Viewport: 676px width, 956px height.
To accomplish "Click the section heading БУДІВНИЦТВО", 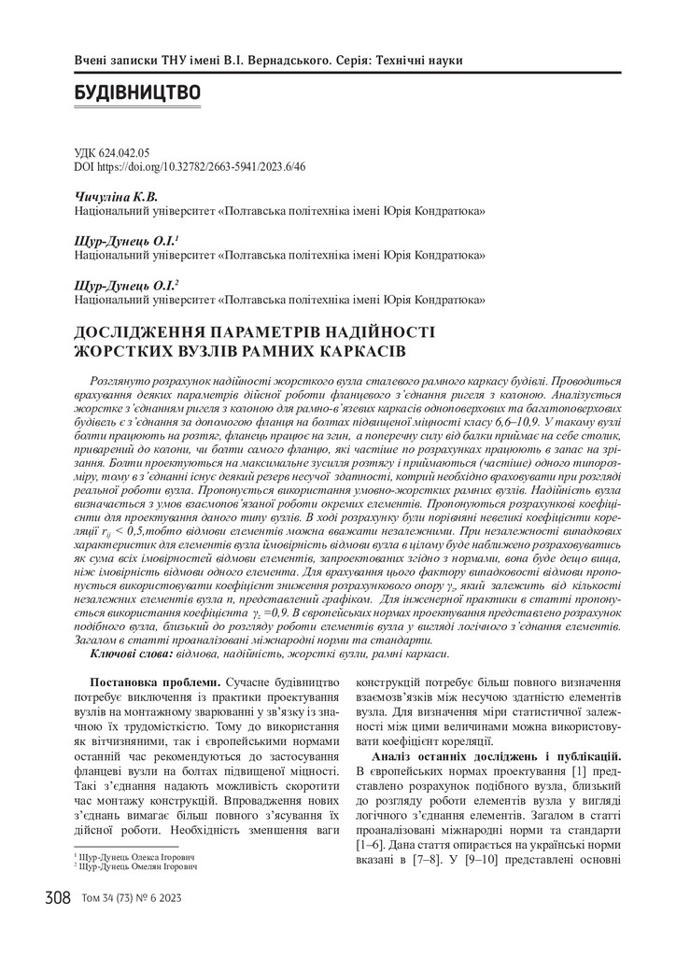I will tap(136, 93).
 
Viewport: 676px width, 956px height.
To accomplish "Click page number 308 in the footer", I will tap(57, 899).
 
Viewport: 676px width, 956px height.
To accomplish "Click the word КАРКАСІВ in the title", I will tap(354, 351).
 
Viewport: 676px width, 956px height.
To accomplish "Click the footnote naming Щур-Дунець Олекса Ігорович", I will tap(136, 856).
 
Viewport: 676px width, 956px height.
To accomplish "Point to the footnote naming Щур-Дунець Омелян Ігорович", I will tap(137, 866).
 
